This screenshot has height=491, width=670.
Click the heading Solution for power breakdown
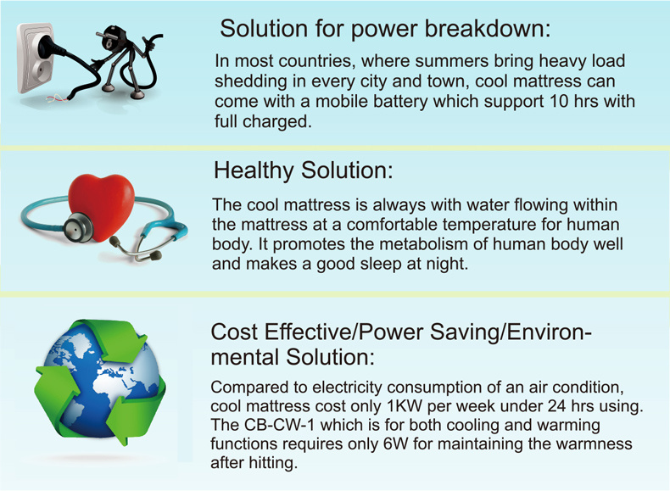385,29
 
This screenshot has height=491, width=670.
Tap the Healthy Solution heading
303,170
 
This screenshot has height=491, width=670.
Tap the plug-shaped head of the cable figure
108,36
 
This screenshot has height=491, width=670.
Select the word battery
400,101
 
